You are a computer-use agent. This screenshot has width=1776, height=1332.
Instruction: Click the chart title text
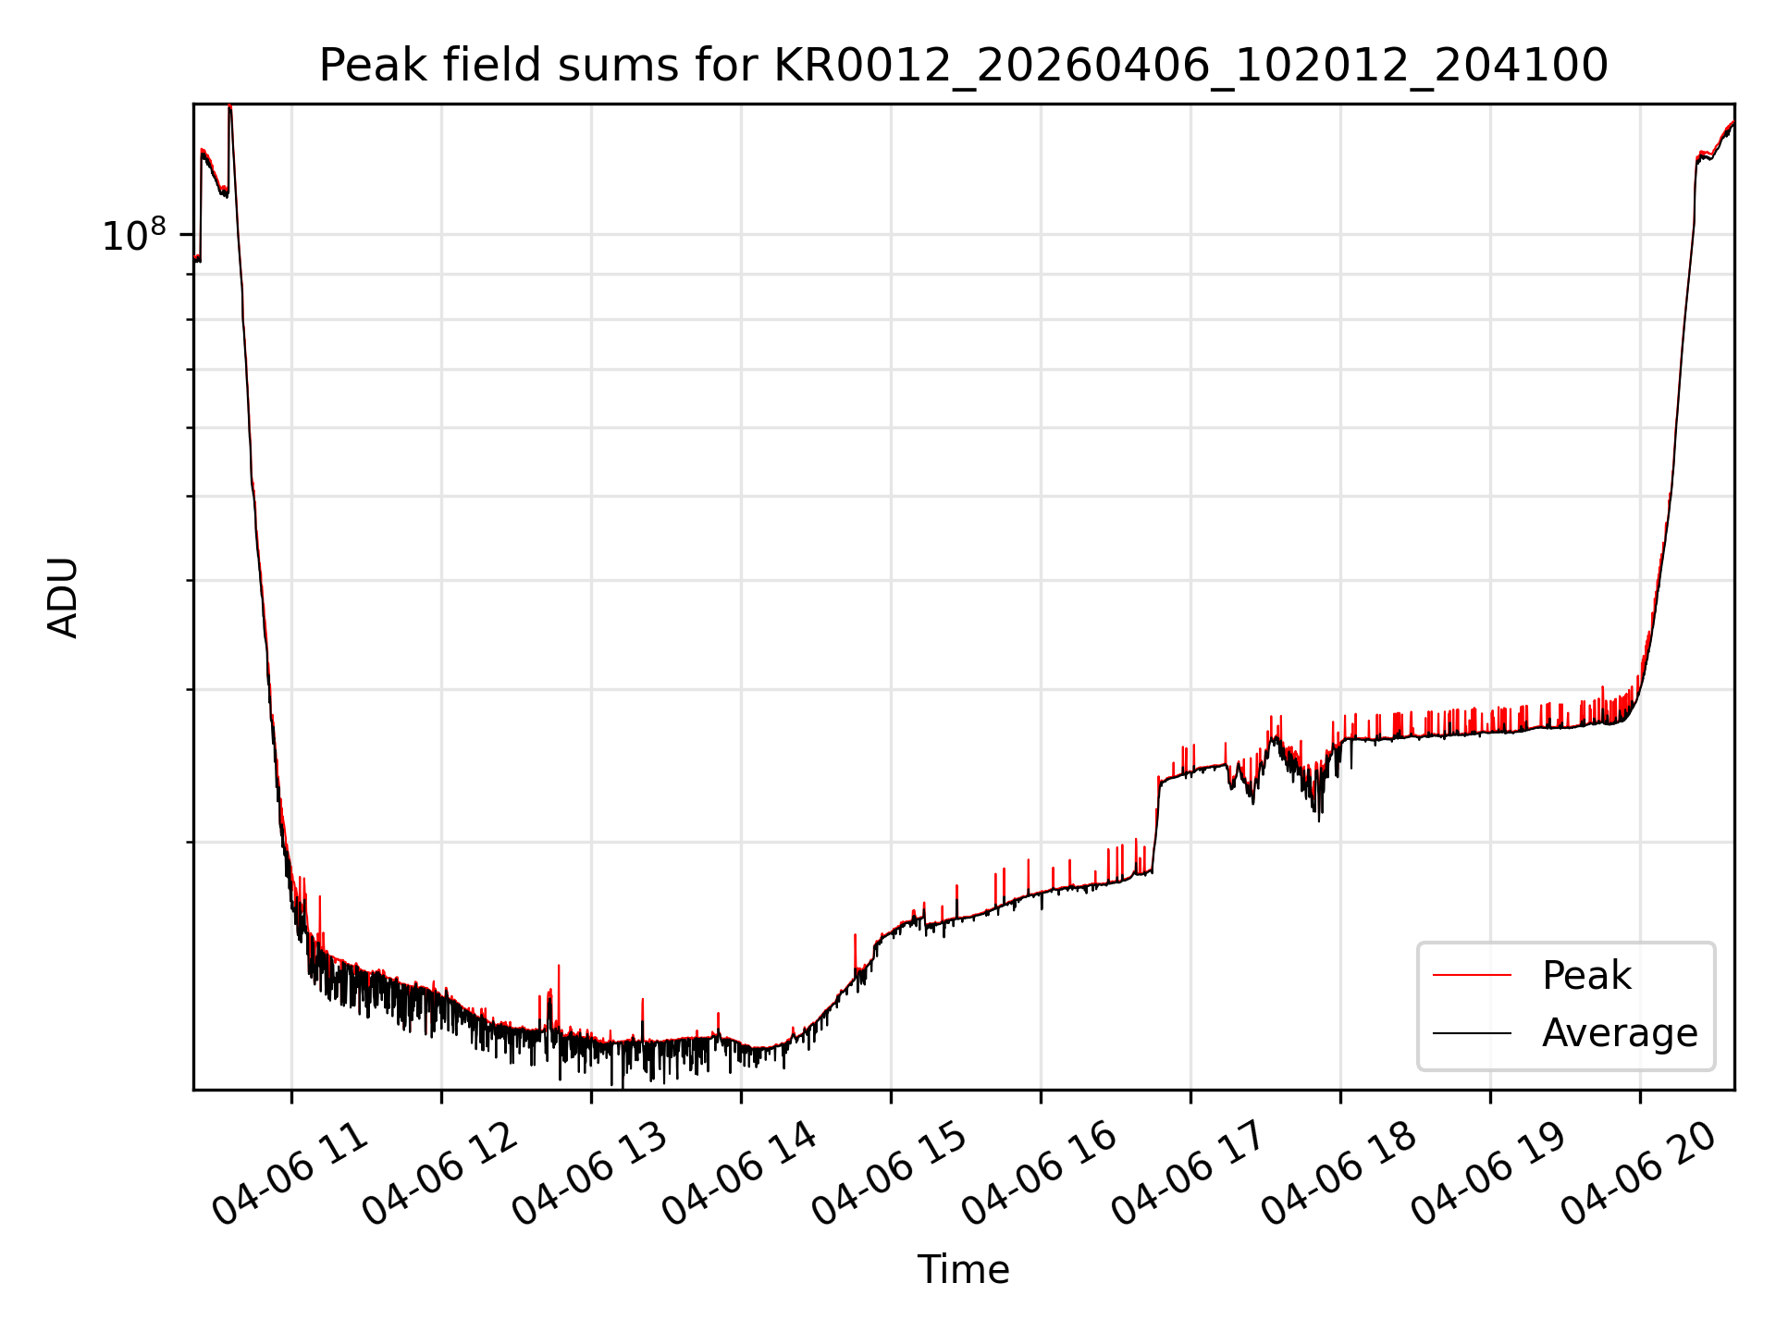(963, 66)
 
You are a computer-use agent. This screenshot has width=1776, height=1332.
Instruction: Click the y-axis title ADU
(63, 598)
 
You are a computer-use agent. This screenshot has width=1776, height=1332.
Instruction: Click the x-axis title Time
(963, 1269)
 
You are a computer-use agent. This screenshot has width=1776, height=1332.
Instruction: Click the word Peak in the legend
(1586, 976)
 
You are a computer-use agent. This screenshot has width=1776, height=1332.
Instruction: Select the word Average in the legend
(1620, 1032)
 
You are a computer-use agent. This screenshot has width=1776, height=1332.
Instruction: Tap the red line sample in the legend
(1472, 975)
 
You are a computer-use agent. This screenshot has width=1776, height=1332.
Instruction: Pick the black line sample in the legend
(1472, 1032)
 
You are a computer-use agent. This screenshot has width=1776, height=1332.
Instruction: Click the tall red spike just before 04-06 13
(559, 999)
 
